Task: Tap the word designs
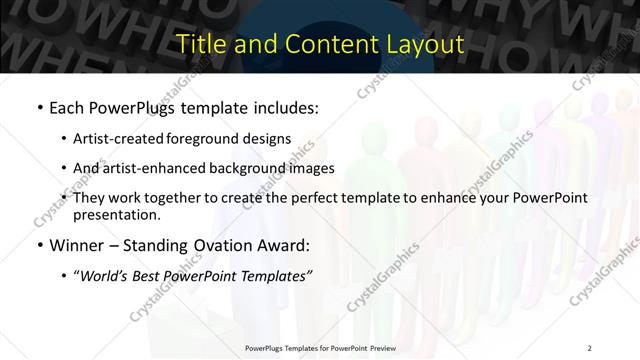[270, 137]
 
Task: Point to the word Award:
[287, 244]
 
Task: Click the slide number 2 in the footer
[590, 346]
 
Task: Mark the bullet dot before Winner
[38, 245]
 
